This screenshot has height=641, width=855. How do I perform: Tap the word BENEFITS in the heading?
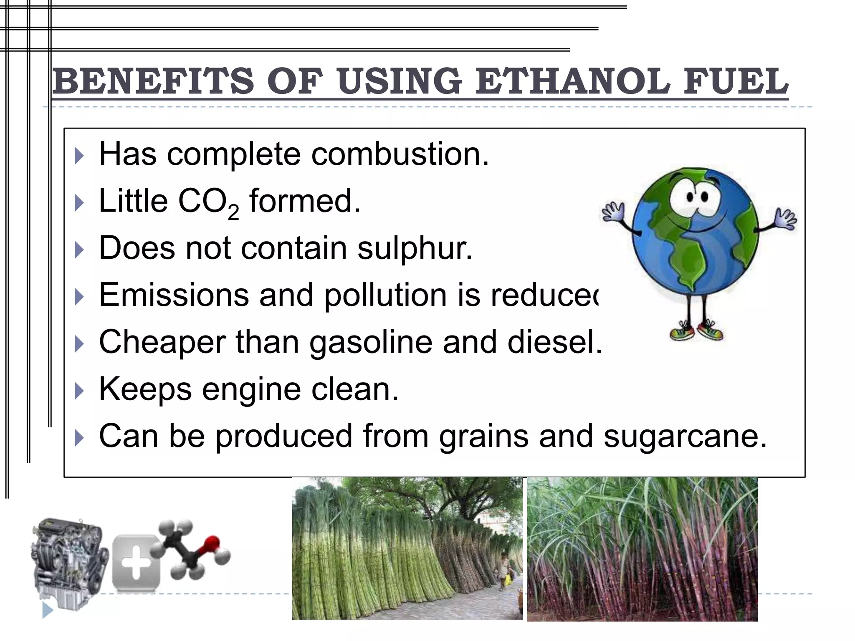[153, 81]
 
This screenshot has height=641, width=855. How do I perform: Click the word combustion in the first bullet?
[400, 154]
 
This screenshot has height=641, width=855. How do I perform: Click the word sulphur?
[415, 248]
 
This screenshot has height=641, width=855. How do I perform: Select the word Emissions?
[174, 295]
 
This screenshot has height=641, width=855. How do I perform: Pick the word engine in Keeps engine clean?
[251, 389]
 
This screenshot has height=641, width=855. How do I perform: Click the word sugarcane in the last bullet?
[685, 437]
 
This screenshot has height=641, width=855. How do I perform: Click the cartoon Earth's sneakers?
[696, 332]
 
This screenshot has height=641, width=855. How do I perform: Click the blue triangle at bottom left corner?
[47, 610]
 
